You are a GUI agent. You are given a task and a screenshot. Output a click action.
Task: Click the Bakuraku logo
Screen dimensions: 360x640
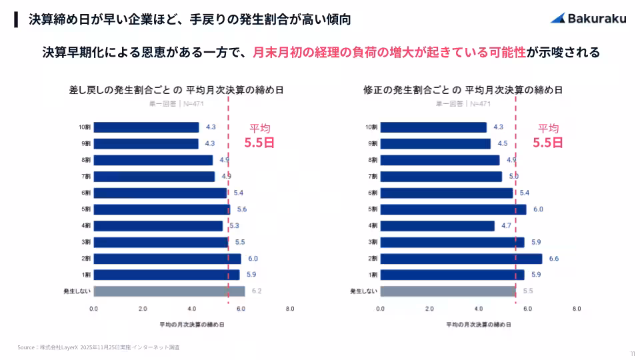[x=588, y=19]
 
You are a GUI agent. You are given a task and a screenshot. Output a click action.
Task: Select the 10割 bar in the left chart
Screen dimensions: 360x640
[x=146, y=127]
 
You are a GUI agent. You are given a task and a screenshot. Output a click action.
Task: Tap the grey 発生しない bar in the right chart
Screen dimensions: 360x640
[x=447, y=291]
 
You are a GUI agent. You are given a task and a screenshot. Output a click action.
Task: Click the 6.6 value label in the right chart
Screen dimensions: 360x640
[x=553, y=259]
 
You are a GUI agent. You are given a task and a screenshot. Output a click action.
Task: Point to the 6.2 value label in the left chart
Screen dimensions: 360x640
[x=257, y=291]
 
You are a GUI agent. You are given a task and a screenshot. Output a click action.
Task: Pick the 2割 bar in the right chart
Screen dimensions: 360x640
[x=461, y=259]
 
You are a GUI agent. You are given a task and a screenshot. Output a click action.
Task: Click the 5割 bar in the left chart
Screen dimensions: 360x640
[x=161, y=209]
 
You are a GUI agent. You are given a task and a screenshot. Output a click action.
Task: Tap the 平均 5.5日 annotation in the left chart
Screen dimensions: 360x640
[x=259, y=135]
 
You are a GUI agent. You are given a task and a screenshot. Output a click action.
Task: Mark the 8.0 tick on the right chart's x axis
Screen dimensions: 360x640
[x=577, y=309]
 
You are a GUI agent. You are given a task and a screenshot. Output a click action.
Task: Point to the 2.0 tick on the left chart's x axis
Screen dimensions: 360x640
[x=143, y=309]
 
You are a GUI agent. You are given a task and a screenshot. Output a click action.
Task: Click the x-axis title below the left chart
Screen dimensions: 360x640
[x=191, y=324]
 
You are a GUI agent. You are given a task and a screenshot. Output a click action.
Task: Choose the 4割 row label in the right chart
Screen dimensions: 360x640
[x=373, y=226]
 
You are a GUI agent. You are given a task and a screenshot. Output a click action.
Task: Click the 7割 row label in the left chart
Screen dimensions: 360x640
[x=86, y=177]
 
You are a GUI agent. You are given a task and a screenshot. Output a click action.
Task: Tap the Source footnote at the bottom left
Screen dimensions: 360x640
[x=99, y=347]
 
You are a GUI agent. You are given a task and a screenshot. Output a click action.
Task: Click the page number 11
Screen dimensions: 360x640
[x=631, y=353]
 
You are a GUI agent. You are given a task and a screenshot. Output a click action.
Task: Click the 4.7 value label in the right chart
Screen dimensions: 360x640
[x=506, y=226]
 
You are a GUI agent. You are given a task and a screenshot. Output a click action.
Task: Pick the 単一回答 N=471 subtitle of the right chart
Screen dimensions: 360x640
[x=463, y=104]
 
